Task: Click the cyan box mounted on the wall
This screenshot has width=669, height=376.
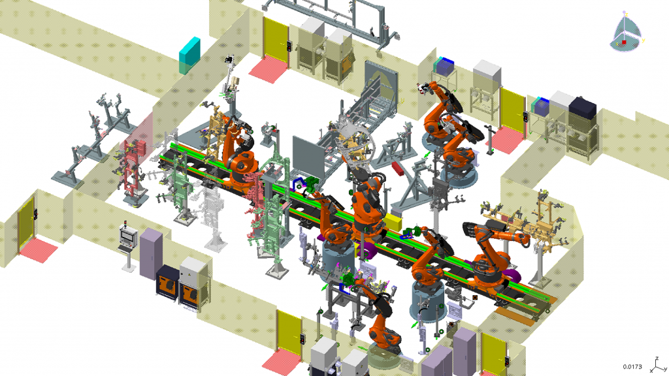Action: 189,55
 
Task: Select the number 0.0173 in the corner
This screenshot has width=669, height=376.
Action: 632,367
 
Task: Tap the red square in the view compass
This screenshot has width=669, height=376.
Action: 624,42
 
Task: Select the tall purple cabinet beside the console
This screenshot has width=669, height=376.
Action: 151,253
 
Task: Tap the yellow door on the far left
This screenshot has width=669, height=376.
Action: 26,225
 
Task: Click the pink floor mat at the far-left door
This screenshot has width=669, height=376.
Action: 39,250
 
